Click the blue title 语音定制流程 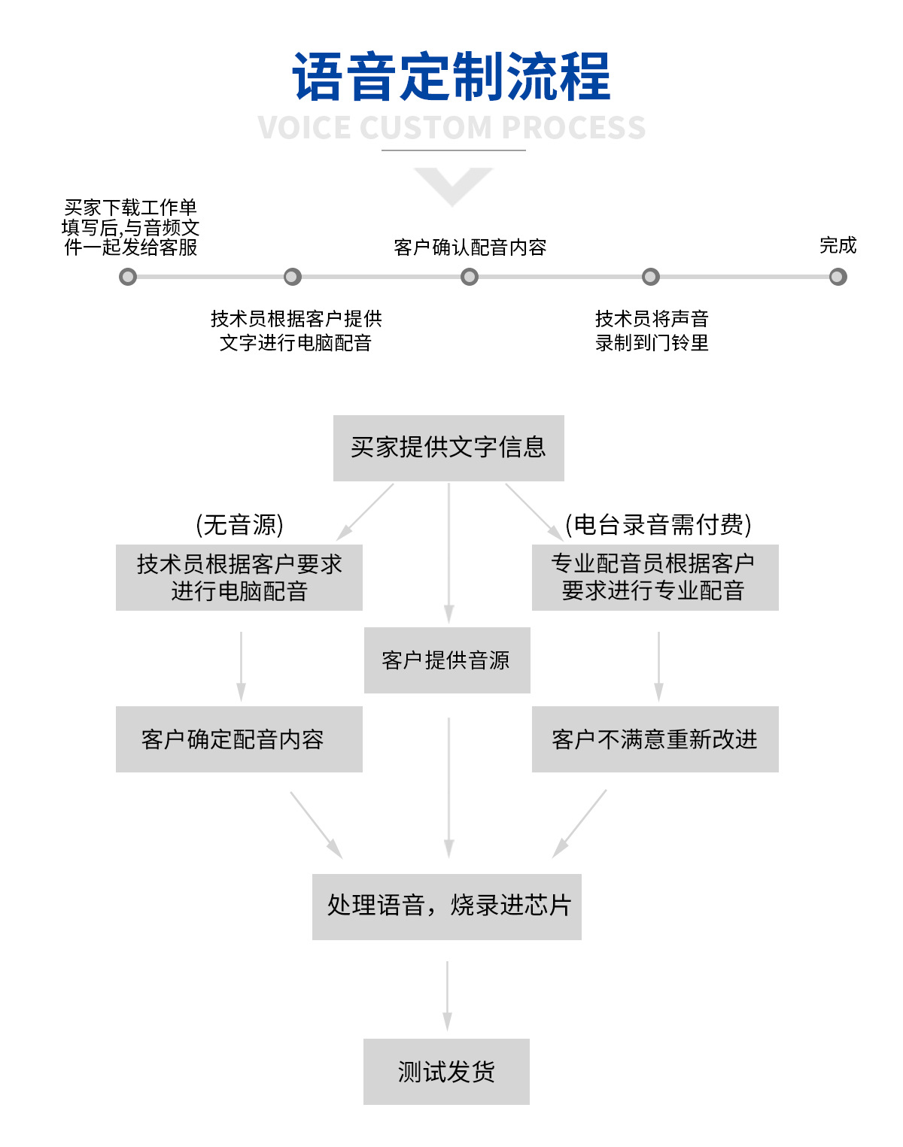point(451,77)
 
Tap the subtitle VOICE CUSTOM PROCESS point(451,128)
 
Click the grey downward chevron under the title point(452,185)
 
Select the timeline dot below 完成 point(838,277)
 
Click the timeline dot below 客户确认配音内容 point(470,277)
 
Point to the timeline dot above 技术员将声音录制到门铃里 point(651,277)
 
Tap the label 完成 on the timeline point(838,245)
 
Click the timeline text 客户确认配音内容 point(470,247)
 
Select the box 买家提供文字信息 point(448,448)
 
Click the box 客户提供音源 point(447,660)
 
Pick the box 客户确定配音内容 point(239,739)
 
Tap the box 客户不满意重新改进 point(655,739)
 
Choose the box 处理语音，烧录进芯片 point(447,906)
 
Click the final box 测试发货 point(446,1071)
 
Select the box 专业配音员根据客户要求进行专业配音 point(655,577)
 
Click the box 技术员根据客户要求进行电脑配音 point(239,577)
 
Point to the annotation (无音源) point(239,524)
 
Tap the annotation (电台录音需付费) point(658,524)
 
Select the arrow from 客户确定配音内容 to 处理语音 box point(315,823)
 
